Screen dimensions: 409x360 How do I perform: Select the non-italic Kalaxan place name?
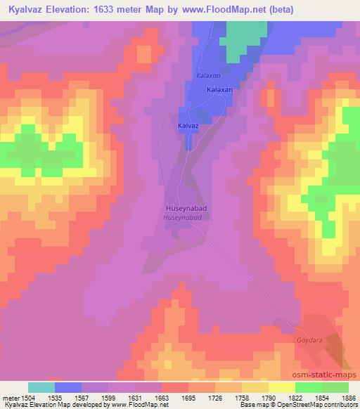(219, 91)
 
